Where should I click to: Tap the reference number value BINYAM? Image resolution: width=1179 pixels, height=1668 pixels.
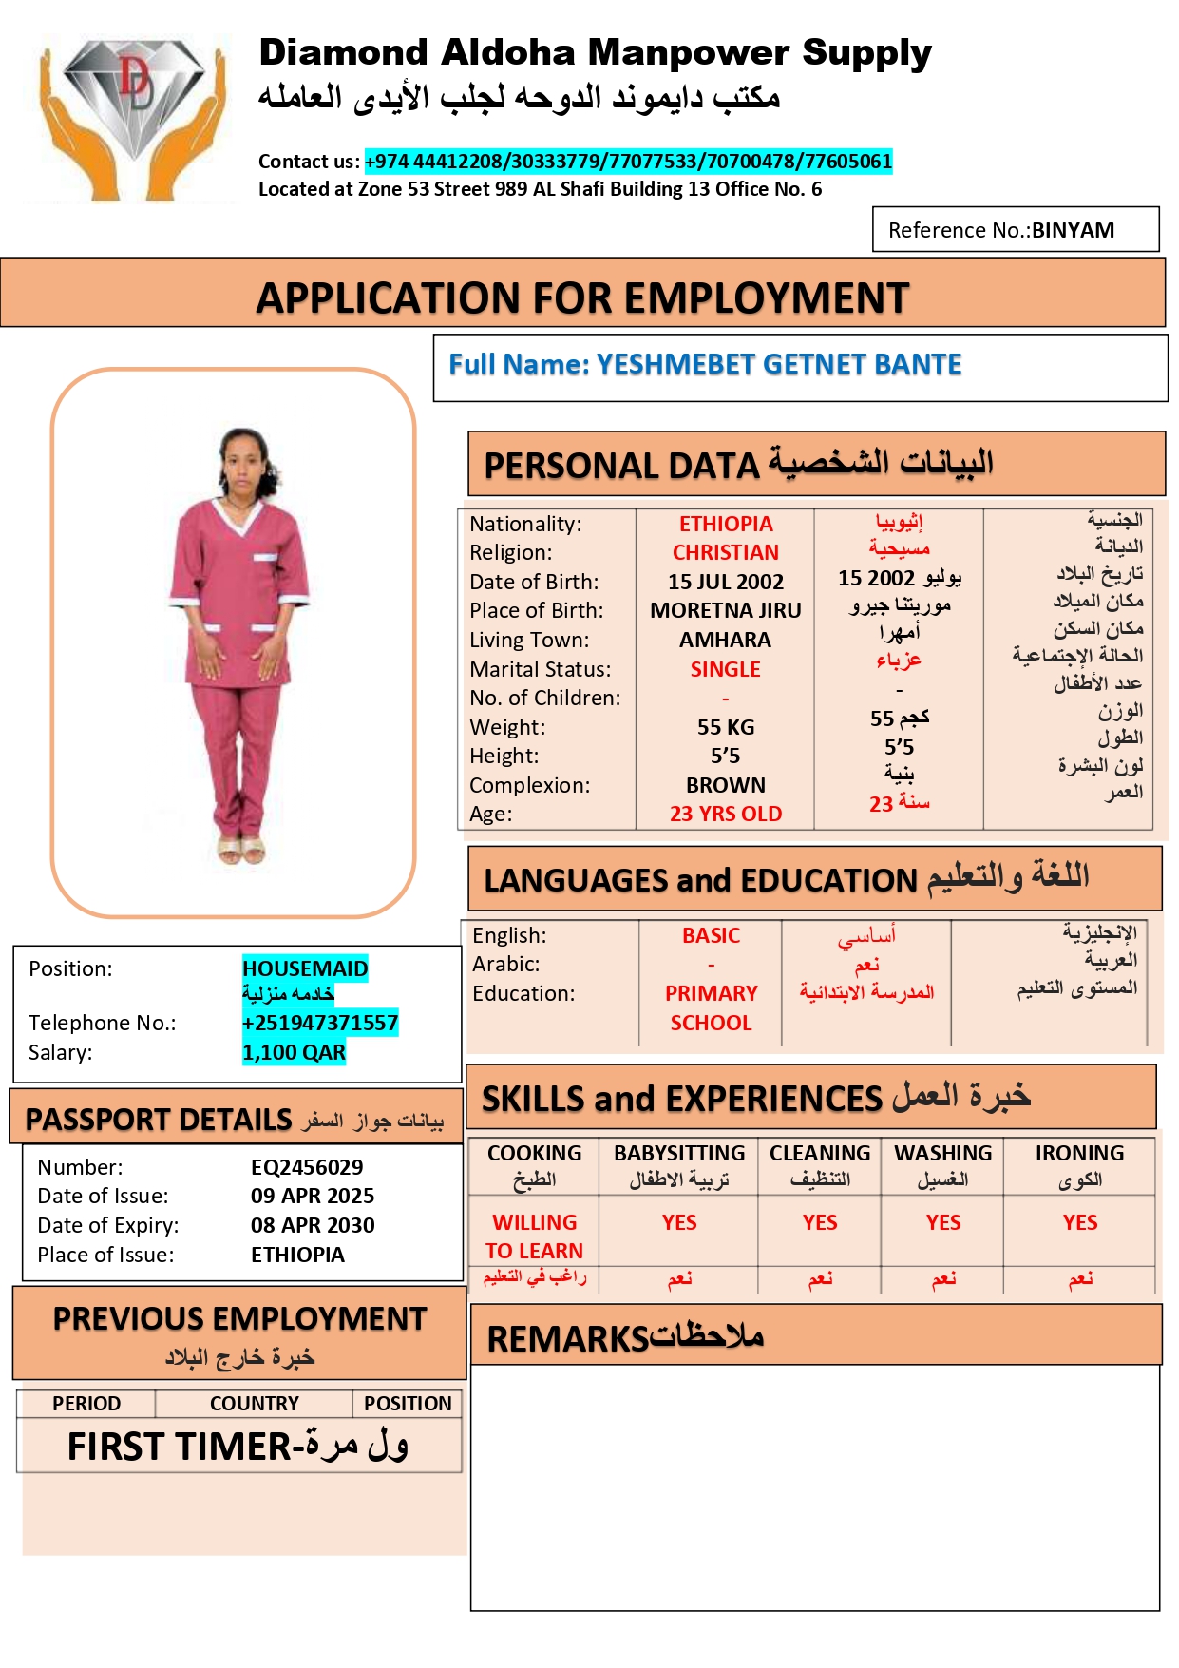coord(1073,230)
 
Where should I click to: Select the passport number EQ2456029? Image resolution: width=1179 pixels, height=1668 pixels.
coord(307,1167)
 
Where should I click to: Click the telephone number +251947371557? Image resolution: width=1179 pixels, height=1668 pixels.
coord(320,1023)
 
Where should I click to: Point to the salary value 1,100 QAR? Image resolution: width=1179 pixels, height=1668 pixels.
coord(294,1052)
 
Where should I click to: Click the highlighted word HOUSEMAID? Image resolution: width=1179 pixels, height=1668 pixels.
coord(305,968)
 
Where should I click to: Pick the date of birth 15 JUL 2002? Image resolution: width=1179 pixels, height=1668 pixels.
coord(726,582)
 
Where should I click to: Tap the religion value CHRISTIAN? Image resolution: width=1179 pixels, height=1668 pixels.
coord(726,552)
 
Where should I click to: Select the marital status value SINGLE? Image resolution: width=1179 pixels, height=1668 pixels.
coord(726,669)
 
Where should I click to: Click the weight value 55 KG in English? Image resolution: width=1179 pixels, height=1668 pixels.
coord(726,727)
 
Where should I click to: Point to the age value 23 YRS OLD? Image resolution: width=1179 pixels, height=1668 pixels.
coord(726,814)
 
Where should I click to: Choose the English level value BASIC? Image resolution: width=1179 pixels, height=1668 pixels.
coord(711,935)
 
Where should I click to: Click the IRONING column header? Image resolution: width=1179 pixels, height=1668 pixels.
coord(1079,1153)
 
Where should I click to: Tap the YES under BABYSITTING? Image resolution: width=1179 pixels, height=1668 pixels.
coord(679,1222)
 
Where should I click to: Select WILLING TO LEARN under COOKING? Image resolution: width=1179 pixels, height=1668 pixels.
coord(534,1237)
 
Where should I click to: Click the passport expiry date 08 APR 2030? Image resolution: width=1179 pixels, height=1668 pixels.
coord(313,1225)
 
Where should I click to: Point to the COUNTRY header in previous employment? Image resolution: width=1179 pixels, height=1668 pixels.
coord(254,1404)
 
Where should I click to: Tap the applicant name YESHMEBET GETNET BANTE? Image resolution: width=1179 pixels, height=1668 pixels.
coord(779,364)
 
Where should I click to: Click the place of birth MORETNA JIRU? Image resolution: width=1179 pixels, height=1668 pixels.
coord(726,610)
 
